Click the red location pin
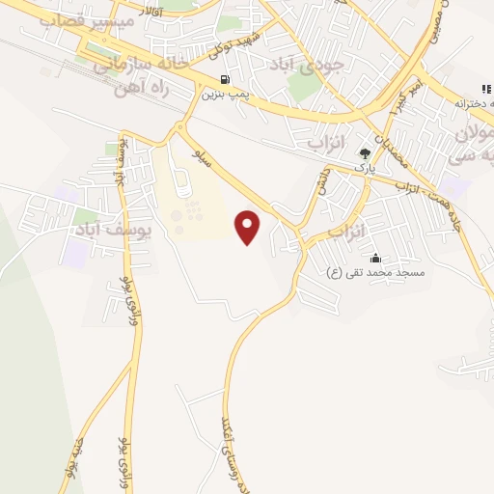[248, 228]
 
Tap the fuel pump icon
[225, 79]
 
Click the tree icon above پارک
[365, 152]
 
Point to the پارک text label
[364, 167]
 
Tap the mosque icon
[374, 258]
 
